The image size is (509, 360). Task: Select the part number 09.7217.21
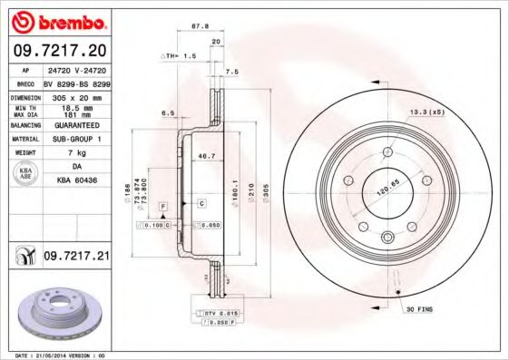click(76, 258)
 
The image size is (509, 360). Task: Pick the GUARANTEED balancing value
click(76, 125)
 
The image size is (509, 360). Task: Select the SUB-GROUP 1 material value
click(76, 139)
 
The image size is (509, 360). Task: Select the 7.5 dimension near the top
click(231, 72)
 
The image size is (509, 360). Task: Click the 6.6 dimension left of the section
click(168, 113)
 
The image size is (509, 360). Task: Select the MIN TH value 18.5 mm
click(76, 106)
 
